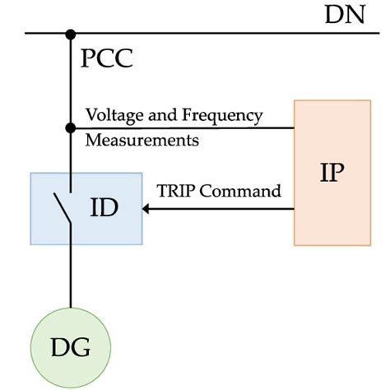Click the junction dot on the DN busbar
pos(71,34)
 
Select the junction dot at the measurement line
pos(71,128)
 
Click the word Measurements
pos(142,140)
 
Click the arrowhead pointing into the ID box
pos(149,209)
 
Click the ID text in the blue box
pos(104,208)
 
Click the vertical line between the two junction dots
pos(71,82)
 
